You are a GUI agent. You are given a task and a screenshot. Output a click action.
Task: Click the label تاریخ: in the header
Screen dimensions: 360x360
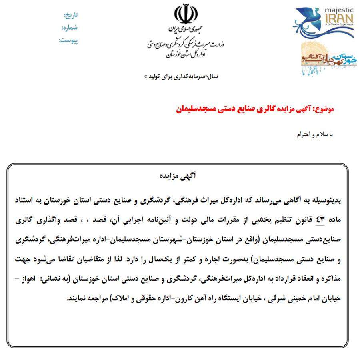click(x=71, y=15)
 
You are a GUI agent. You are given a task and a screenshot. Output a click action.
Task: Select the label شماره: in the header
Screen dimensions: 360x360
click(x=70, y=28)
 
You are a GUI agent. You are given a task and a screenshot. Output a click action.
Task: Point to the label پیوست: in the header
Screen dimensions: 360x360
click(x=69, y=40)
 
